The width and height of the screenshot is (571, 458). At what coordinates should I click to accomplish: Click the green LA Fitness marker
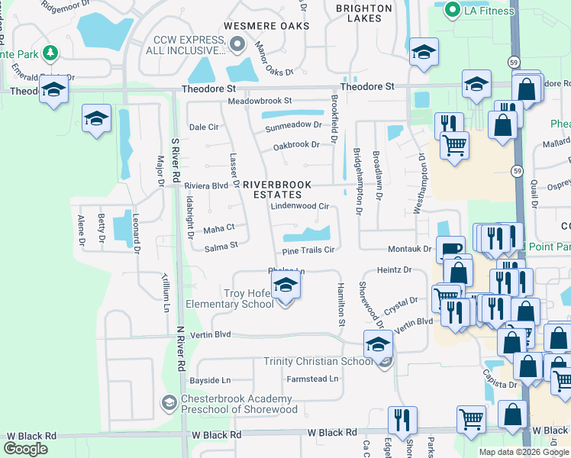(x=452, y=9)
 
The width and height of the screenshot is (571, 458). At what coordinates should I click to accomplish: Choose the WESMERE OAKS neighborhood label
(x=266, y=26)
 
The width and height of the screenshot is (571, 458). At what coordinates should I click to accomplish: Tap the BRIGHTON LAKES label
(x=363, y=15)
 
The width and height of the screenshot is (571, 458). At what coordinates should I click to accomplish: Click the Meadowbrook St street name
(x=260, y=101)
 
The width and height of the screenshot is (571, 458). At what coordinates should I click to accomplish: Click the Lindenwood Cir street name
(x=299, y=206)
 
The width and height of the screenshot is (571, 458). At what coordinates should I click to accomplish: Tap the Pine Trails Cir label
(x=308, y=250)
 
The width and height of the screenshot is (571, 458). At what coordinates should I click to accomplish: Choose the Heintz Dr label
(x=394, y=269)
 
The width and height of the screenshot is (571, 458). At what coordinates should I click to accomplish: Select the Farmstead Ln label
(x=312, y=379)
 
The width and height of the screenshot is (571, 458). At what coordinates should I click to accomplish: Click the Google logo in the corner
(x=25, y=449)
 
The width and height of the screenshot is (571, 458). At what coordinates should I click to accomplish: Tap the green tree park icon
(x=50, y=53)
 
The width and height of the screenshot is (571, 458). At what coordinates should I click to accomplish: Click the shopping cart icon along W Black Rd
(x=471, y=418)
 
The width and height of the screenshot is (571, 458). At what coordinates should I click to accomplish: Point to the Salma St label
(x=221, y=246)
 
